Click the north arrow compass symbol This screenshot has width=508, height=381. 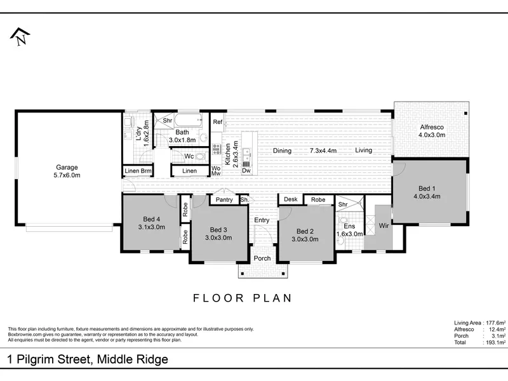pos(20,36)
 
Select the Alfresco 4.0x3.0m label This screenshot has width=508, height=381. pos(432,131)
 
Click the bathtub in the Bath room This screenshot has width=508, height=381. pos(188,121)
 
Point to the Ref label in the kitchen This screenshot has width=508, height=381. pos(218,122)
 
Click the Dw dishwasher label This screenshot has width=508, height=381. pos(246,170)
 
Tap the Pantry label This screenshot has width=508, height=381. pos(224,199)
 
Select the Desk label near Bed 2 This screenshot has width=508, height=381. pos(291,199)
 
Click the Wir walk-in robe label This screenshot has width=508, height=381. pos(384,225)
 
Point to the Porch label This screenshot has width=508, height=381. pos(262,258)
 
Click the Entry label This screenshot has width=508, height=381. pos(262,220)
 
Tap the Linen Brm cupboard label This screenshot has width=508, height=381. pos(138,171)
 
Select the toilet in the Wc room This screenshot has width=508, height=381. pos(201,157)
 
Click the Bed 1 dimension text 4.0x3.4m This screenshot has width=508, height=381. pos(427,196)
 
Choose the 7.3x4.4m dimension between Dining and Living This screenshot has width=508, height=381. pos(323,150)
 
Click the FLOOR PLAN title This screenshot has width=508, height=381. pos(243,298)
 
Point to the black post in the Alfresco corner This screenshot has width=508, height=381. pos(465,114)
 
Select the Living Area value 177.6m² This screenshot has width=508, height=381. pos(496,323)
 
